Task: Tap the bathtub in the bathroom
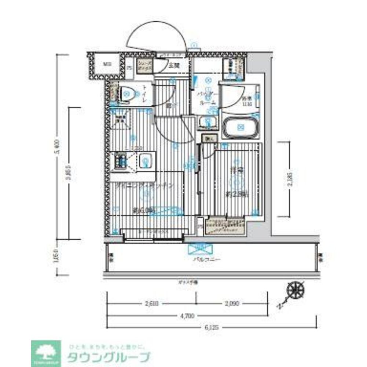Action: pos(241,127)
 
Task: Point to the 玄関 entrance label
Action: pos(174,66)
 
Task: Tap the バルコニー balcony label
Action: pos(207,259)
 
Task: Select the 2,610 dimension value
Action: pos(151,304)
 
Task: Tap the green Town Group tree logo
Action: pos(46,353)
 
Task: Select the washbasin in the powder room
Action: pos(208,123)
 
